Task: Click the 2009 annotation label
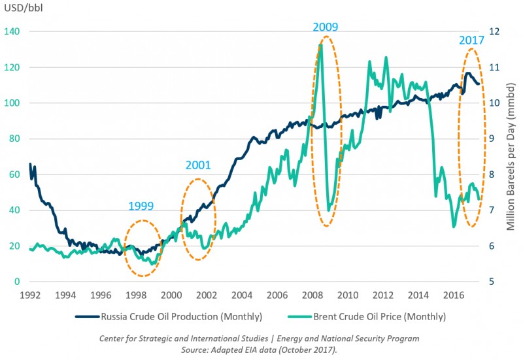click(326, 27)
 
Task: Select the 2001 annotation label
click(197, 165)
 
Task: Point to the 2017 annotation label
click(471, 40)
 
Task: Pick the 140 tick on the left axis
click(13, 32)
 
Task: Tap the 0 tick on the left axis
click(18, 282)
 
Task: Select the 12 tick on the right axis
click(495, 32)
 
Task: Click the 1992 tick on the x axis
click(30, 295)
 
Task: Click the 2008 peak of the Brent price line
click(320, 44)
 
